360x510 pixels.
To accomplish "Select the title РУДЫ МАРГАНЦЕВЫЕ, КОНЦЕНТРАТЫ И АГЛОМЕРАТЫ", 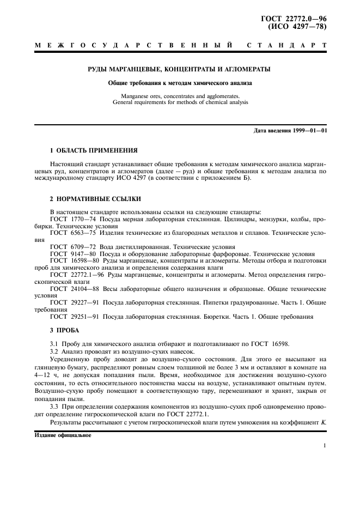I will tap(180, 69).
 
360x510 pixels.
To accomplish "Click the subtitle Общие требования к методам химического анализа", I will tap(180, 83).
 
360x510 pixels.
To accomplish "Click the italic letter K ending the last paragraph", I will tap(324, 423).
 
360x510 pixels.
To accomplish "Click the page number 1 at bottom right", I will tap(324, 446).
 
